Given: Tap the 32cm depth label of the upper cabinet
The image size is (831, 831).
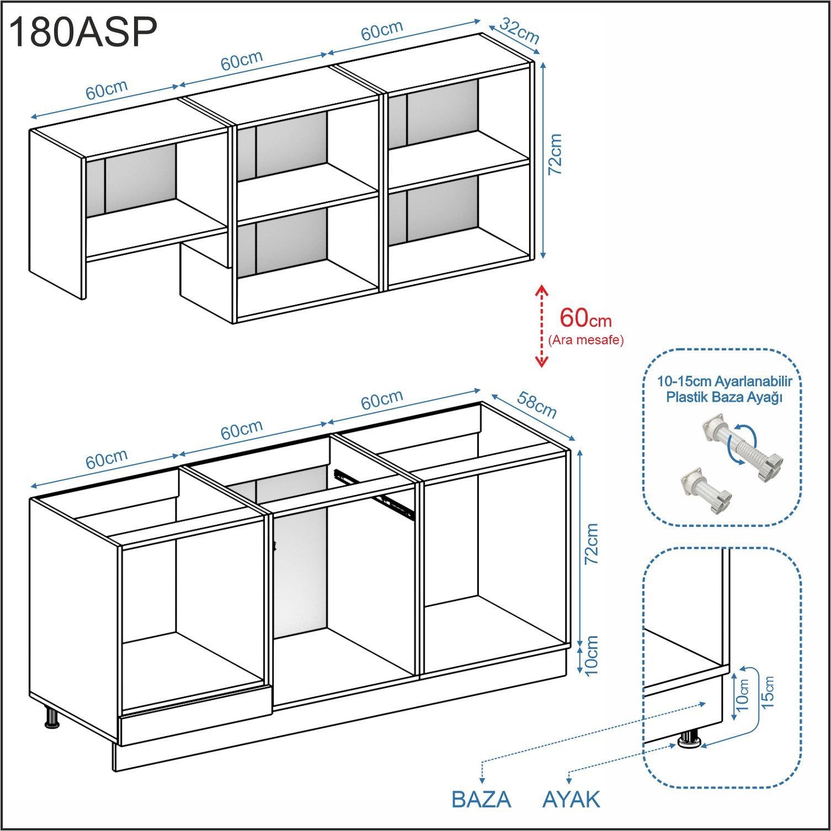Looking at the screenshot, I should click(x=519, y=31).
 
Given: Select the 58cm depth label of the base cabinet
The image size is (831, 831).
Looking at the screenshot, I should click(x=536, y=404).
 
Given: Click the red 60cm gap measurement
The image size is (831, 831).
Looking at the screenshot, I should click(x=585, y=318).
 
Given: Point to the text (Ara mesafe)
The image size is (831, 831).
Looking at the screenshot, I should click(x=586, y=340).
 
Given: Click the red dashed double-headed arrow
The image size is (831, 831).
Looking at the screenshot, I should click(x=542, y=326).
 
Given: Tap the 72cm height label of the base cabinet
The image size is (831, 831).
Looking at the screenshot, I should click(x=591, y=544).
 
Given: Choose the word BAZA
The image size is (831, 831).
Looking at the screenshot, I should click(x=481, y=800).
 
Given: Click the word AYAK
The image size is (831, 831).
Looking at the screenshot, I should click(x=571, y=800).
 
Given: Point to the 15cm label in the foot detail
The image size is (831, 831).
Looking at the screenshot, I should click(x=768, y=692).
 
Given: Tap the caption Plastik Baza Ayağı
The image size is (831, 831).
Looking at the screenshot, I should click(x=725, y=397).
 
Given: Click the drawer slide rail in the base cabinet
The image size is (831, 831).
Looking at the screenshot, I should click(x=375, y=489).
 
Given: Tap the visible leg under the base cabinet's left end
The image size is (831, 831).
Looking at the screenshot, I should click(x=51, y=718).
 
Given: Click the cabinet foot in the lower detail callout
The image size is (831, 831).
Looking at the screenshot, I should click(x=689, y=740).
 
